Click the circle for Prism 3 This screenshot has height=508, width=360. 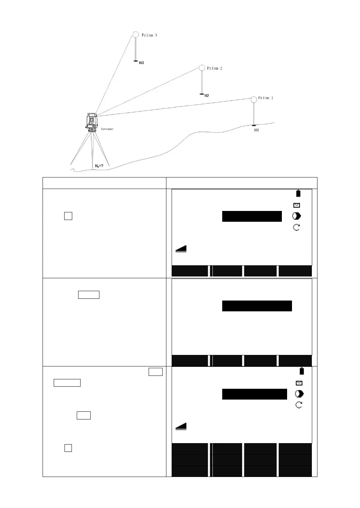(136, 35)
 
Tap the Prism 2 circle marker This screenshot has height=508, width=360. (202, 68)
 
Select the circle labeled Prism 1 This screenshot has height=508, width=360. (254, 99)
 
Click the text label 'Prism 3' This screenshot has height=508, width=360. (149, 35)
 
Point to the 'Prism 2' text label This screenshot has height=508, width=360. (215, 68)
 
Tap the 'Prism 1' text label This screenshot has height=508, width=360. (265, 98)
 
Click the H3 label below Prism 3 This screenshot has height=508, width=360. (141, 63)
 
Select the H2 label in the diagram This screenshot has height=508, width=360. (207, 96)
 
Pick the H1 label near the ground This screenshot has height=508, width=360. (256, 130)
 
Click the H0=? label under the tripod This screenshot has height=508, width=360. (99, 166)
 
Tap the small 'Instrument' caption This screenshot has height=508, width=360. (107, 129)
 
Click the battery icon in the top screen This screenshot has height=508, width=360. (298, 194)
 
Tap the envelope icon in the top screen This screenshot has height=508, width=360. (297, 205)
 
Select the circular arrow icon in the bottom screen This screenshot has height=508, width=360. (299, 405)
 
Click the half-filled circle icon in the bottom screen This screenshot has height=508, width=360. (299, 394)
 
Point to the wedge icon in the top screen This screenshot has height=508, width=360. (181, 249)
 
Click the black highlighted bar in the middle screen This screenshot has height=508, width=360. (257, 306)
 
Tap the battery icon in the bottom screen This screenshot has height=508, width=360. (302, 371)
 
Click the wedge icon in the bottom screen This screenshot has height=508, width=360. (181, 426)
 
